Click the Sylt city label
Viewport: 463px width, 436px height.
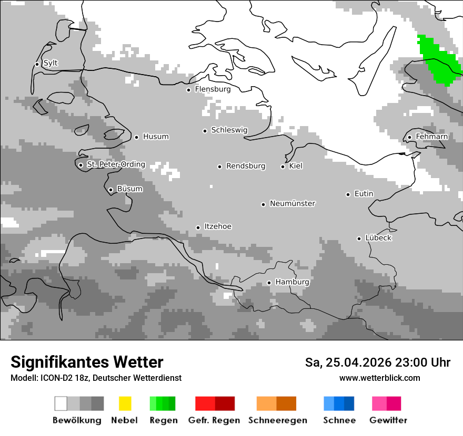pyautogui.click(x=51, y=64)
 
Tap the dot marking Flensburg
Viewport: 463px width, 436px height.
pyautogui.click(x=188, y=90)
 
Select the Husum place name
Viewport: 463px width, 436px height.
pyautogui.click(x=156, y=137)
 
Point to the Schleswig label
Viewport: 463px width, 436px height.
pyautogui.click(x=229, y=130)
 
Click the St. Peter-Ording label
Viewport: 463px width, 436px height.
pyautogui.click(x=116, y=164)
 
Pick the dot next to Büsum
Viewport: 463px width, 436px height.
pyautogui.click(x=110, y=190)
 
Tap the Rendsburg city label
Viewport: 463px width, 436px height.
pyautogui.click(x=246, y=166)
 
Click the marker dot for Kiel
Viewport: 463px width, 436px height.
pyautogui.click(x=283, y=167)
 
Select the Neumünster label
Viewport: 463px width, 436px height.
pyautogui.click(x=293, y=203)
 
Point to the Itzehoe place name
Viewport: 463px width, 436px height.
pyautogui.click(x=218, y=226)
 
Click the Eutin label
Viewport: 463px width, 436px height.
pyautogui.click(x=364, y=194)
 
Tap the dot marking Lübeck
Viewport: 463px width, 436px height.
pyautogui.click(x=359, y=238)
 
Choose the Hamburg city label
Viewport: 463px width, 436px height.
pyautogui.click(x=292, y=282)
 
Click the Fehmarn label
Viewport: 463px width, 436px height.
pyautogui.click(x=431, y=137)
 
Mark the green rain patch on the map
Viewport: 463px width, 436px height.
pyautogui.click(x=439, y=60)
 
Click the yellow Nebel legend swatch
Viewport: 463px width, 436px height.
pyautogui.click(x=125, y=403)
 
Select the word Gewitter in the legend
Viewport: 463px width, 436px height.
pyautogui.click(x=388, y=420)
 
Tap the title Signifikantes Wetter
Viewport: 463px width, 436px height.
pyautogui.click(x=87, y=362)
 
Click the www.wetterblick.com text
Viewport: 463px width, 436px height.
pyautogui.click(x=379, y=378)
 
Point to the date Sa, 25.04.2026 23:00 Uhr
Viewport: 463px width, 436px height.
pyautogui.click(x=377, y=362)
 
